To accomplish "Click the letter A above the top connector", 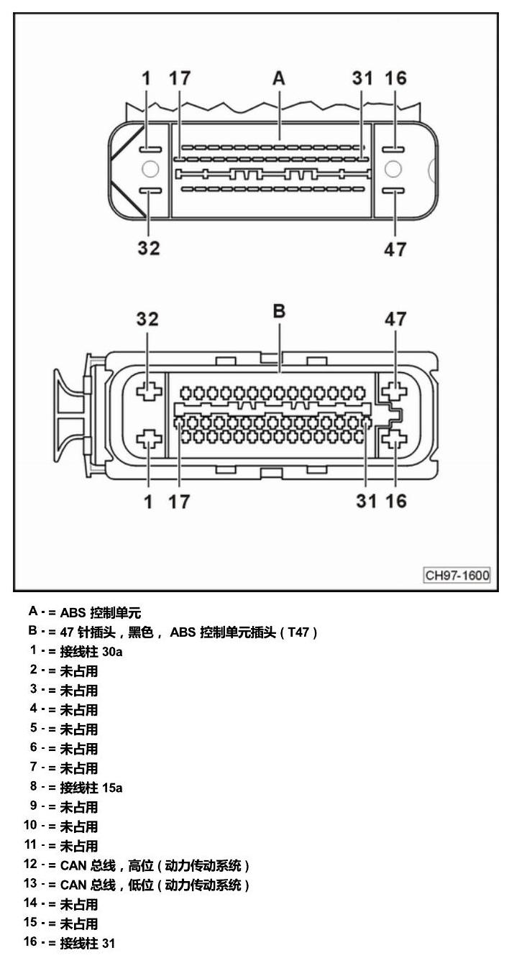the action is click(278, 78).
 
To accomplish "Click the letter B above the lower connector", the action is click(279, 311).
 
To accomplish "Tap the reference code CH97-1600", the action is click(457, 575).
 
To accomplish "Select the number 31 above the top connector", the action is click(362, 78).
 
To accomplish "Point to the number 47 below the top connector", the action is click(395, 249).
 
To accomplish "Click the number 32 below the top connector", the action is click(148, 248).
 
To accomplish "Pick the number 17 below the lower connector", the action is click(179, 502).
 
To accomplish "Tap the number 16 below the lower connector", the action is click(395, 501).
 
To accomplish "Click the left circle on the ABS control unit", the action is click(150, 169).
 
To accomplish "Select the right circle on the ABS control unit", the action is click(393, 169).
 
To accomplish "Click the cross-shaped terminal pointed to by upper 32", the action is click(149, 391).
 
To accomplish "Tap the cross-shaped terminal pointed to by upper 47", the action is click(394, 391).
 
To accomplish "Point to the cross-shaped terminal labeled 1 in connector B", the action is click(149, 439).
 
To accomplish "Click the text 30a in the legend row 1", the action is click(112, 652).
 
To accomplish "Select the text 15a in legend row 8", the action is click(112, 788).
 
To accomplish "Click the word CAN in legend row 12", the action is click(73, 865).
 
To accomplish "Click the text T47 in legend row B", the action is click(298, 632).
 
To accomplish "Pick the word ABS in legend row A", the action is click(73, 612).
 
